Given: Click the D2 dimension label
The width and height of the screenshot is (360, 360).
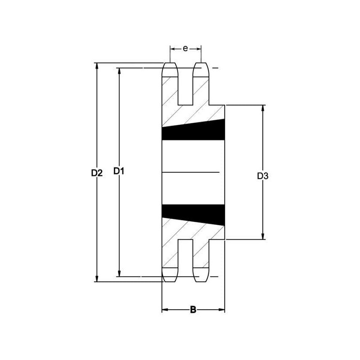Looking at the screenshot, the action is pyautogui.click(x=97, y=173).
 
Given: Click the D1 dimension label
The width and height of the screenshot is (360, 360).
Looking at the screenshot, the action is pyautogui.click(x=119, y=171).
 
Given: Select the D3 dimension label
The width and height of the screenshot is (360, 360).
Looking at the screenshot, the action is pyautogui.click(x=263, y=176).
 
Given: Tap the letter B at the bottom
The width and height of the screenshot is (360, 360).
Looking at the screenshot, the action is pyautogui.click(x=193, y=310).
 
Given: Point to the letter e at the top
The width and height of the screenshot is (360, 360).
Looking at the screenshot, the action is pyautogui.click(x=185, y=49).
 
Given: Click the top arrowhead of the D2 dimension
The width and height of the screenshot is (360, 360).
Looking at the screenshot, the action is pyautogui.click(x=97, y=66).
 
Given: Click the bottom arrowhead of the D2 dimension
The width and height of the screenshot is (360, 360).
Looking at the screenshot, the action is pyautogui.click(x=97, y=279).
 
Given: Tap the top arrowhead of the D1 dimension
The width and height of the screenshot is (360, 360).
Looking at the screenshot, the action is pyautogui.click(x=119, y=71).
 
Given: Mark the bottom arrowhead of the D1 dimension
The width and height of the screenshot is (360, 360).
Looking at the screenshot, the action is pyautogui.click(x=119, y=273).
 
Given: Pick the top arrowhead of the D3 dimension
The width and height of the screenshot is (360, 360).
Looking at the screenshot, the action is pyautogui.click(x=263, y=108).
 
